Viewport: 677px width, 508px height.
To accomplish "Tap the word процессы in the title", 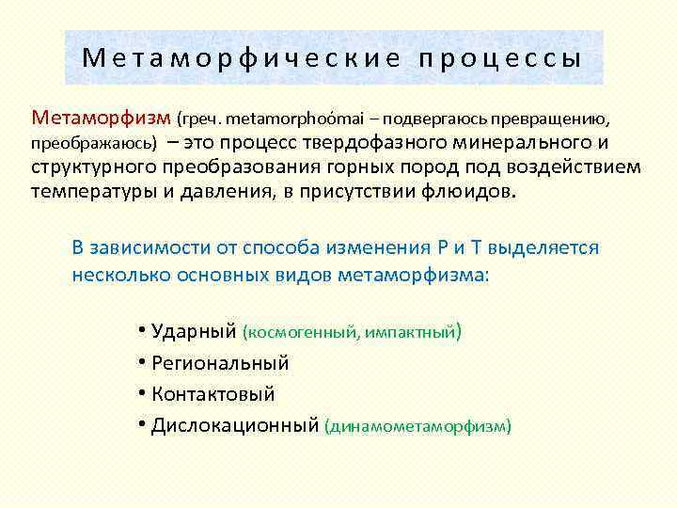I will click(500, 59).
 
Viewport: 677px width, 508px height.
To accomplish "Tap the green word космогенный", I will click(297, 332).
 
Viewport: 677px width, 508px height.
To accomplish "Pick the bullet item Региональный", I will click(217, 362).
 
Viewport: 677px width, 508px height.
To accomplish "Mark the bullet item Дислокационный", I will click(232, 425).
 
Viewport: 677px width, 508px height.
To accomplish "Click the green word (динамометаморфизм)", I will click(417, 426).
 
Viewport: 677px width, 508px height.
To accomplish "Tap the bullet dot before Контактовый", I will click(141, 394).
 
